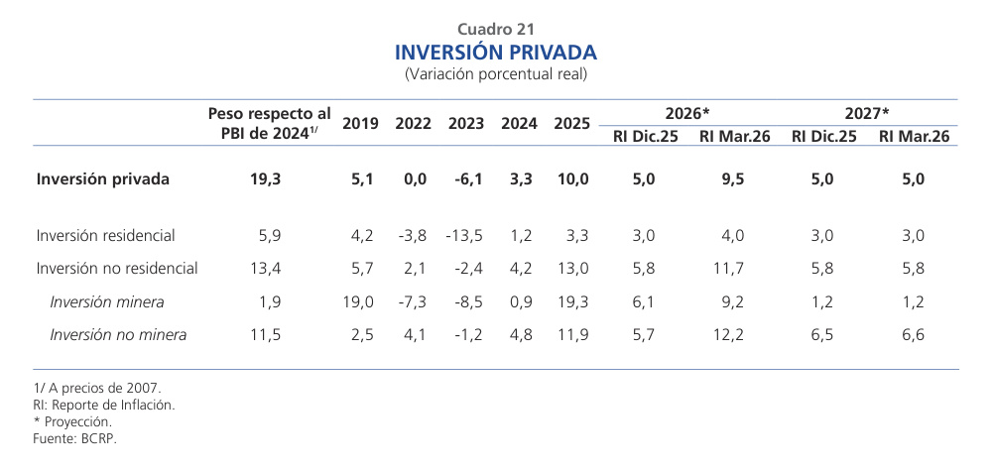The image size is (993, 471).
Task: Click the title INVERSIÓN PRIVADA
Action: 496,52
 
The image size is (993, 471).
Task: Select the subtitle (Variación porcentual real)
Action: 496,74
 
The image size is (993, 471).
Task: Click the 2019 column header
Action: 360,124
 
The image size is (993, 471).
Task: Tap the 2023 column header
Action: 466,124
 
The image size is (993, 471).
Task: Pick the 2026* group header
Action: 687,113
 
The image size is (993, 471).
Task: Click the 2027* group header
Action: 867,113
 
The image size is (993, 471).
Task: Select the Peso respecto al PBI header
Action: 269,124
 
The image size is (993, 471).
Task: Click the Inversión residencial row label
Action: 105,236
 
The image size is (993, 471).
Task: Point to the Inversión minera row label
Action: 106,301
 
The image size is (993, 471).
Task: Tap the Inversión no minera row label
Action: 118,335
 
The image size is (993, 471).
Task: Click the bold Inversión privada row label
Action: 102,179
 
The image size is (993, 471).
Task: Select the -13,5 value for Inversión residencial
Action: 464,236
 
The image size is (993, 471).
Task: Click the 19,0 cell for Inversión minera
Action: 360,301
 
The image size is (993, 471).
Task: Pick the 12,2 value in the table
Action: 732,335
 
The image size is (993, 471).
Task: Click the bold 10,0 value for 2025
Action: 572,179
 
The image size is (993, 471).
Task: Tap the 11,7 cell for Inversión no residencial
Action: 733,269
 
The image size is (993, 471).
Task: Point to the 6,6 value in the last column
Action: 913,335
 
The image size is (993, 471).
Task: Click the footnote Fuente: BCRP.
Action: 74,437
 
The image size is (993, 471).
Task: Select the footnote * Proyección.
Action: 71,421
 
